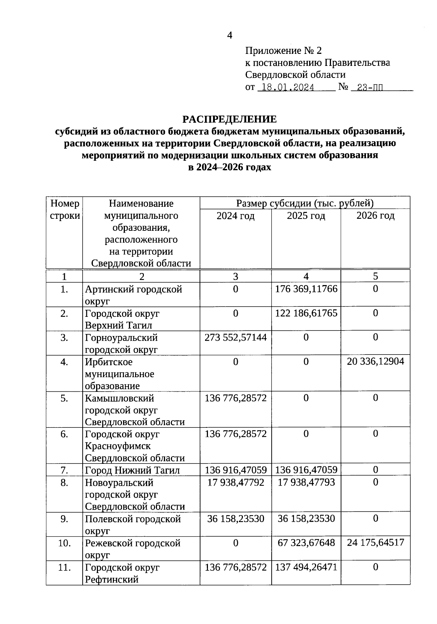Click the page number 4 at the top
click(229, 35)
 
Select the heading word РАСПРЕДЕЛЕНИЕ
click(229, 119)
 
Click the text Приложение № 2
click(283, 51)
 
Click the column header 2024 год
click(236, 216)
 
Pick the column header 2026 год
click(375, 216)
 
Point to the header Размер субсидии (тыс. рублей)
click(305, 203)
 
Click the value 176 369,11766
click(306, 289)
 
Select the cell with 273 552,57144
click(236, 337)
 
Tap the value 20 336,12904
click(375, 362)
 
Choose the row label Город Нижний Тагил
click(132, 470)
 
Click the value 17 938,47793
click(306, 482)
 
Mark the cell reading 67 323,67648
click(306, 543)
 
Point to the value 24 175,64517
click(375, 542)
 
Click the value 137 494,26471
click(306, 567)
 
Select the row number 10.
click(64, 543)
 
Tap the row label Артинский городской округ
click(133, 295)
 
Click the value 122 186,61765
click(306, 313)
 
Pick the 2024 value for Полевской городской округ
click(236, 518)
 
